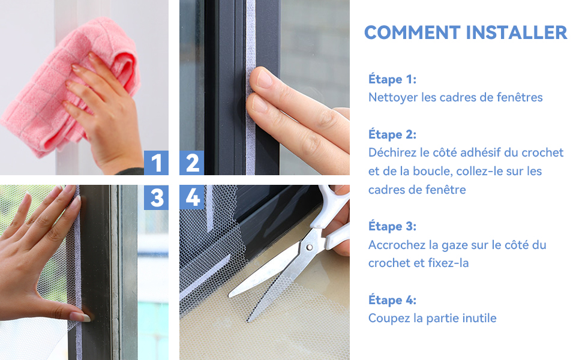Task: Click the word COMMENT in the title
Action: [412, 32]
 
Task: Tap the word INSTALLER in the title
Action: [517, 32]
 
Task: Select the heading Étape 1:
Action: [392, 79]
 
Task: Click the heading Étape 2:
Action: [392, 134]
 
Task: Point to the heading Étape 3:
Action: [392, 226]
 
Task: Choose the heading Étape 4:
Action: [392, 299]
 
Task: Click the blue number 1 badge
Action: [156, 163]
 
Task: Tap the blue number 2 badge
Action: [192, 163]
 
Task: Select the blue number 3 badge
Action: [156, 197]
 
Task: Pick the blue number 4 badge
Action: [192, 197]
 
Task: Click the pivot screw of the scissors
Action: [309, 247]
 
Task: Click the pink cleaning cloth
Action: [67, 82]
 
